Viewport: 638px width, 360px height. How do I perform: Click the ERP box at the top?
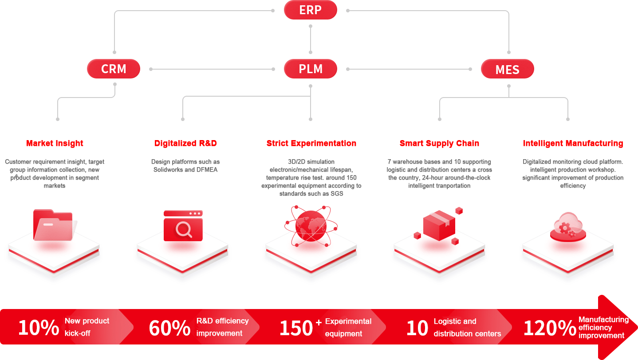310,10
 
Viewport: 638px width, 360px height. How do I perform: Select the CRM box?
114,69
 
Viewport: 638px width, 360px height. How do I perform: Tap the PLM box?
310,69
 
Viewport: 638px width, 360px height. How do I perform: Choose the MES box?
507,70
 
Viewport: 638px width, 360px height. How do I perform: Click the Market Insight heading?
55,143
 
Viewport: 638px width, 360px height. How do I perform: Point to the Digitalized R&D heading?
185,143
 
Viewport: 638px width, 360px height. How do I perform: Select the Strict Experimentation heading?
311,143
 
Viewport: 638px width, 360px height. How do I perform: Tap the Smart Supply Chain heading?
439,143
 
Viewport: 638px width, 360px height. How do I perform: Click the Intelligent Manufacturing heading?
573,143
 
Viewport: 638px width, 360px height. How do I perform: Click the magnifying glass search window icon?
183,226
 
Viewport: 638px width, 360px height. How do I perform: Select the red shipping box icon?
439,225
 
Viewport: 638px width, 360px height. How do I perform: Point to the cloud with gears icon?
568,226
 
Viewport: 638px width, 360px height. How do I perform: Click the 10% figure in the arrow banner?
39,328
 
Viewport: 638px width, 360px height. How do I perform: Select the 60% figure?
169,328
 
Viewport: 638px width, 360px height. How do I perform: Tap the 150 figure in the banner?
296,328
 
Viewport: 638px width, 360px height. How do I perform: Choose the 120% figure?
550,328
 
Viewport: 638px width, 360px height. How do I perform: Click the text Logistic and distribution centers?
467,328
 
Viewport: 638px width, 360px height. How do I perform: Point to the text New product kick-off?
87,327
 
